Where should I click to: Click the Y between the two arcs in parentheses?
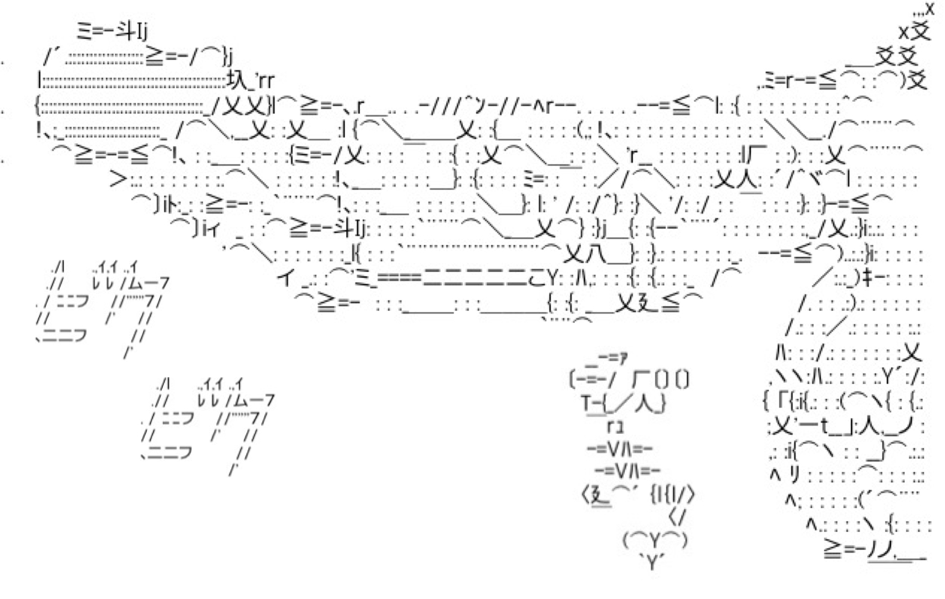[655, 540]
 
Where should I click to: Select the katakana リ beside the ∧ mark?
[794, 475]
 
